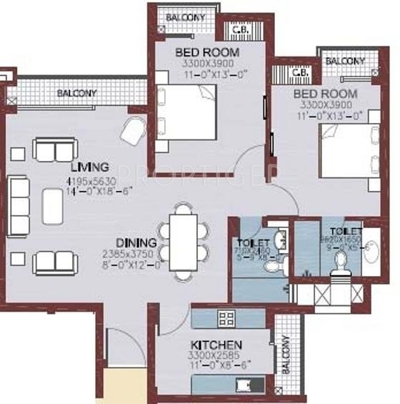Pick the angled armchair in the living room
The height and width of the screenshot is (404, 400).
pyautogui.click(x=134, y=131)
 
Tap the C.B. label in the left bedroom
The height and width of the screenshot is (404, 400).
pyautogui.click(x=241, y=30)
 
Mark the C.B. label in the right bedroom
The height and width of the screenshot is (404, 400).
pyautogui.click(x=299, y=72)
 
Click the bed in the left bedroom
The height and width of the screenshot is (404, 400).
pyautogui.click(x=186, y=112)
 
